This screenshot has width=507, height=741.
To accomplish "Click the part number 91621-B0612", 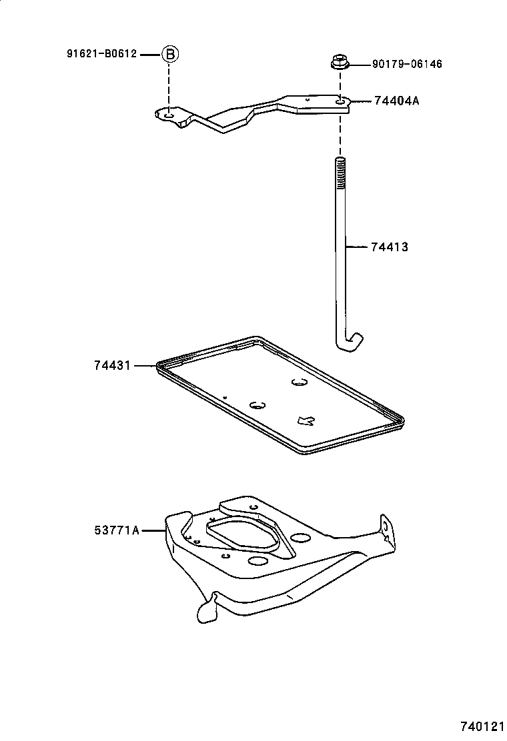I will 101,54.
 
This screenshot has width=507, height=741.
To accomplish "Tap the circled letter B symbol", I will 170,54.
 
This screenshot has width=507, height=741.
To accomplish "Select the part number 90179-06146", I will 406,65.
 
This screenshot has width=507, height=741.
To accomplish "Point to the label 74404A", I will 396,101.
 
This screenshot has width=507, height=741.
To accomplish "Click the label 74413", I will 389,247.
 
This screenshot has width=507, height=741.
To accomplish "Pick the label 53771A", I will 116,530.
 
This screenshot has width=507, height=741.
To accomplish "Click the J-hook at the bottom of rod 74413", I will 350,341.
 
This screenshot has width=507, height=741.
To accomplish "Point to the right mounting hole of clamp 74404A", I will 341,101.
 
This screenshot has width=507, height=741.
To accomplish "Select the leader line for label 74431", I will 145,365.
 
